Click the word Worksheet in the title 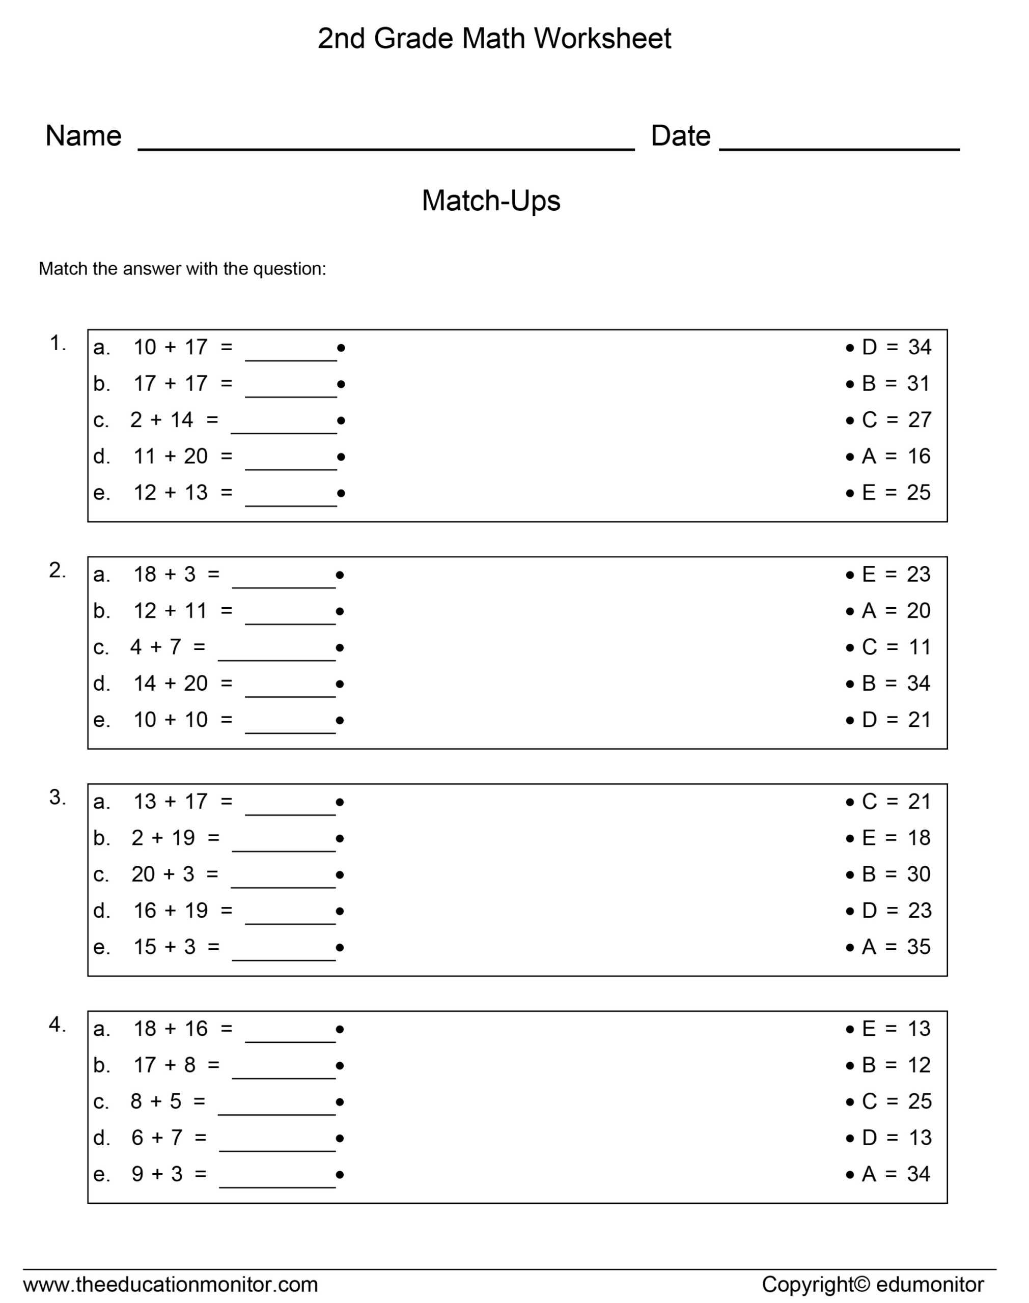pyautogui.click(x=602, y=39)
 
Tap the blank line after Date pyautogui.click(x=839, y=148)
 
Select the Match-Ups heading pyautogui.click(x=490, y=201)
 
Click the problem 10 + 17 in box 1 pyautogui.click(x=171, y=348)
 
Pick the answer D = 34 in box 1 pyautogui.click(x=896, y=348)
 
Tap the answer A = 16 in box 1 pyautogui.click(x=896, y=457)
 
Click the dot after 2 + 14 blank pyautogui.click(x=341, y=420)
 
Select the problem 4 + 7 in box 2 pyautogui.click(x=155, y=647)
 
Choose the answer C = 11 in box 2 pyautogui.click(x=896, y=647)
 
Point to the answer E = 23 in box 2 pyautogui.click(x=896, y=575)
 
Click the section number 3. pyautogui.click(x=57, y=798)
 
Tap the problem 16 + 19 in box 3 pyautogui.click(x=171, y=911)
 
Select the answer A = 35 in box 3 pyautogui.click(x=896, y=947)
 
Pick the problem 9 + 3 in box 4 pyautogui.click(x=157, y=1174)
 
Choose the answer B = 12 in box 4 pyautogui.click(x=896, y=1065)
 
